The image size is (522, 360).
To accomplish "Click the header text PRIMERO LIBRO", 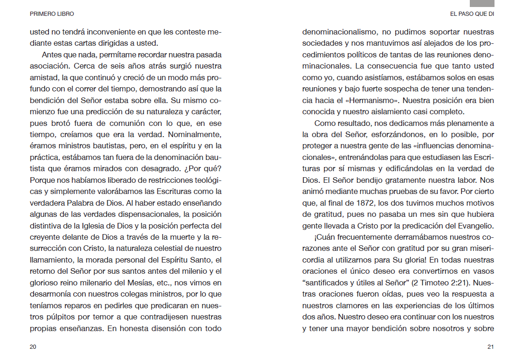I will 52,14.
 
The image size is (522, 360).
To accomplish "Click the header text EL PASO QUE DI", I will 472,14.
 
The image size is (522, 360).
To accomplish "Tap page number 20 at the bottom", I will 33,346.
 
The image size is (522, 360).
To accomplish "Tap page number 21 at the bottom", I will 490,346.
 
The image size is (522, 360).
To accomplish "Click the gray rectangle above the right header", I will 485,3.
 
